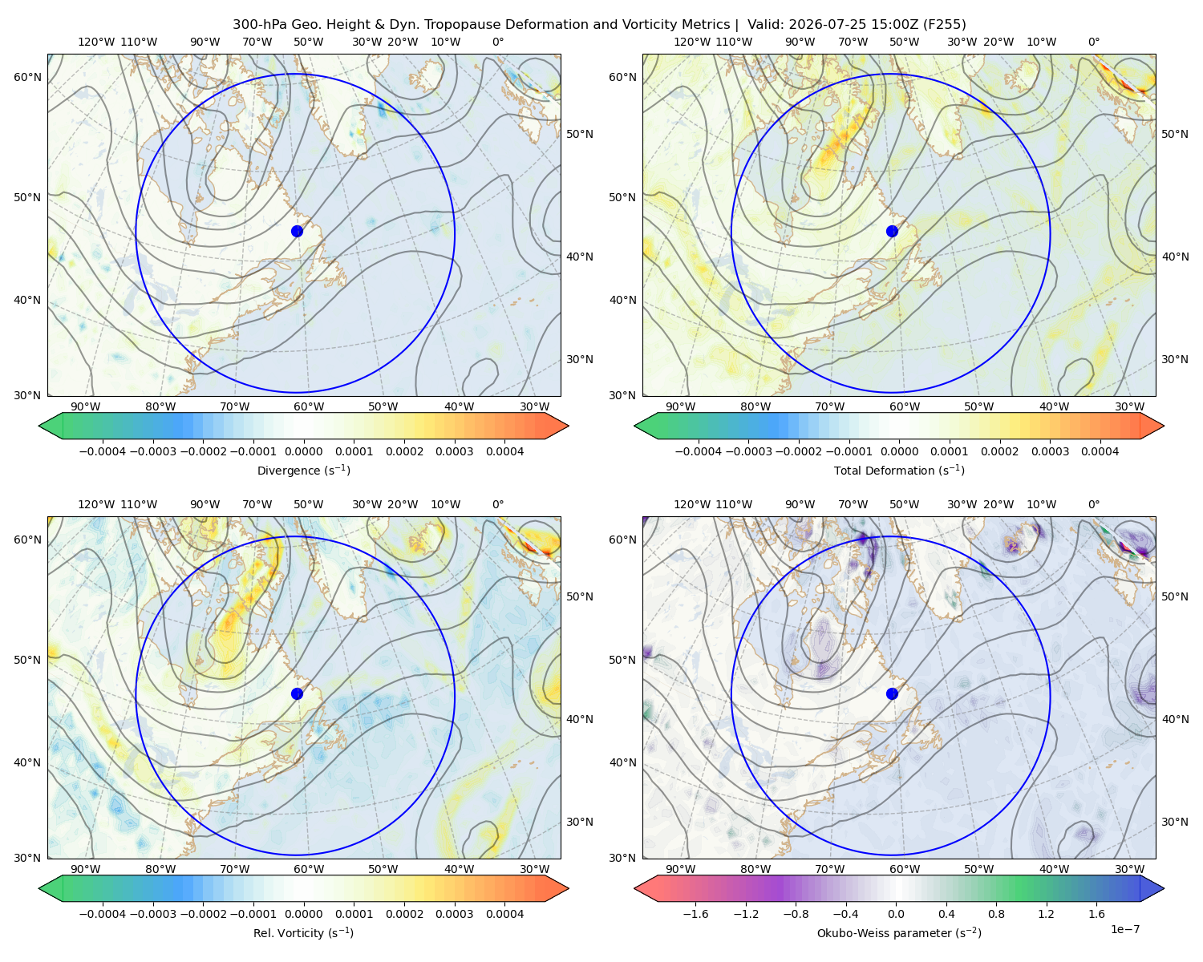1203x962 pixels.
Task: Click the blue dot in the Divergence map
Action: pyautogui.click(x=297, y=231)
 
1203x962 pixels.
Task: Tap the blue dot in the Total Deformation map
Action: pyautogui.click(x=892, y=231)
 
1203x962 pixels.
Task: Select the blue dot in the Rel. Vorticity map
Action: pyautogui.click(x=297, y=693)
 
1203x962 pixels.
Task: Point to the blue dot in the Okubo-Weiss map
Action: pyautogui.click(x=892, y=693)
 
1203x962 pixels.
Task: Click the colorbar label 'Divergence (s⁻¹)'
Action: pyautogui.click(x=303, y=470)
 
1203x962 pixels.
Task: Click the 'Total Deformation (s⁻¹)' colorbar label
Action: pyautogui.click(x=899, y=470)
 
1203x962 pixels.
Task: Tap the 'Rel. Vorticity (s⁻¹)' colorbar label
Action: pyautogui.click(x=303, y=932)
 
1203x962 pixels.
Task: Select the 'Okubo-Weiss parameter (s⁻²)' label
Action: pyautogui.click(x=899, y=932)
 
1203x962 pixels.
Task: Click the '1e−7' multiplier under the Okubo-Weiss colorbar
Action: pyautogui.click(x=1124, y=929)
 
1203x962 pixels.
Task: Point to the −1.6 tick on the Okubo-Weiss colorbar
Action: pyautogui.click(x=695, y=913)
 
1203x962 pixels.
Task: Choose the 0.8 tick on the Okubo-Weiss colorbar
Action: pyautogui.click(x=996, y=913)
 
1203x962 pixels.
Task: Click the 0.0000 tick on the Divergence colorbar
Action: pyautogui.click(x=303, y=451)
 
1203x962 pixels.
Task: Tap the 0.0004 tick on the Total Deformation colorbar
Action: pyautogui.click(x=1100, y=451)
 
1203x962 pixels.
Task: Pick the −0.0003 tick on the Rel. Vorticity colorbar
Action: pyautogui.click(x=152, y=913)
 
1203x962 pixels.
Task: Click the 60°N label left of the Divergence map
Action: pyautogui.click(x=27, y=77)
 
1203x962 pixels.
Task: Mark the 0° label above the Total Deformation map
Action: pyautogui.click(x=1093, y=42)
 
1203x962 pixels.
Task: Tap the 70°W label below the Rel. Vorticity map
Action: pyautogui.click(x=234, y=869)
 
